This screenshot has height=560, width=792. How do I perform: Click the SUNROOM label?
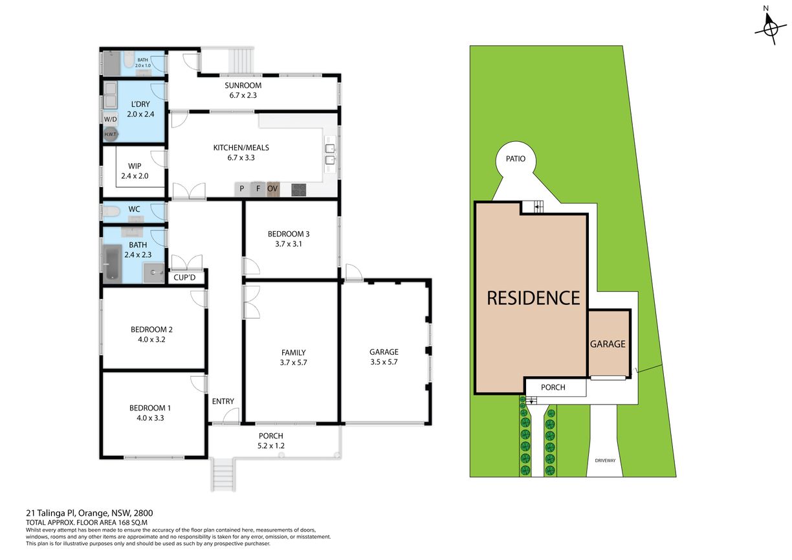pos(243,85)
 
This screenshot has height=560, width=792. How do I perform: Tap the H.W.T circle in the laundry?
pos(110,134)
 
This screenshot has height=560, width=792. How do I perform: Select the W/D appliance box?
pos(110,119)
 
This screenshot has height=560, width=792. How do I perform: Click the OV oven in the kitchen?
pos(272,189)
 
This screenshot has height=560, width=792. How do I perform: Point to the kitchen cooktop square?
pos(299,190)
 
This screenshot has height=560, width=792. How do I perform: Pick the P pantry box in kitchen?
pos(242,189)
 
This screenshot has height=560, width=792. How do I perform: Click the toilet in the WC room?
pos(111,212)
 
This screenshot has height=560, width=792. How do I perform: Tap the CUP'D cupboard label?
pos(184,277)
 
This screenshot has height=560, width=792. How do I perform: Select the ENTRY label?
pos(223,401)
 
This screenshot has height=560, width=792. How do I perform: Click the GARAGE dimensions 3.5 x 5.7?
pos(384,362)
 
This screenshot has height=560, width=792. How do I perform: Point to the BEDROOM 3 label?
pos(289,234)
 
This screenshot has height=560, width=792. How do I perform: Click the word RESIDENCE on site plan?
pos(533,298)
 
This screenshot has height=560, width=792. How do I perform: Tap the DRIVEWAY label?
pos(605,460)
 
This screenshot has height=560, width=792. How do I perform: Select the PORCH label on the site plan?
pos(553,387)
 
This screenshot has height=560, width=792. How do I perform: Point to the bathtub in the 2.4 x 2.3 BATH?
pos(113,264)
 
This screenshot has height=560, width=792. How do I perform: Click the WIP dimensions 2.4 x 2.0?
pos(135,176)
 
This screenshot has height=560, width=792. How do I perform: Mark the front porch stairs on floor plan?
pos(223,474)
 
